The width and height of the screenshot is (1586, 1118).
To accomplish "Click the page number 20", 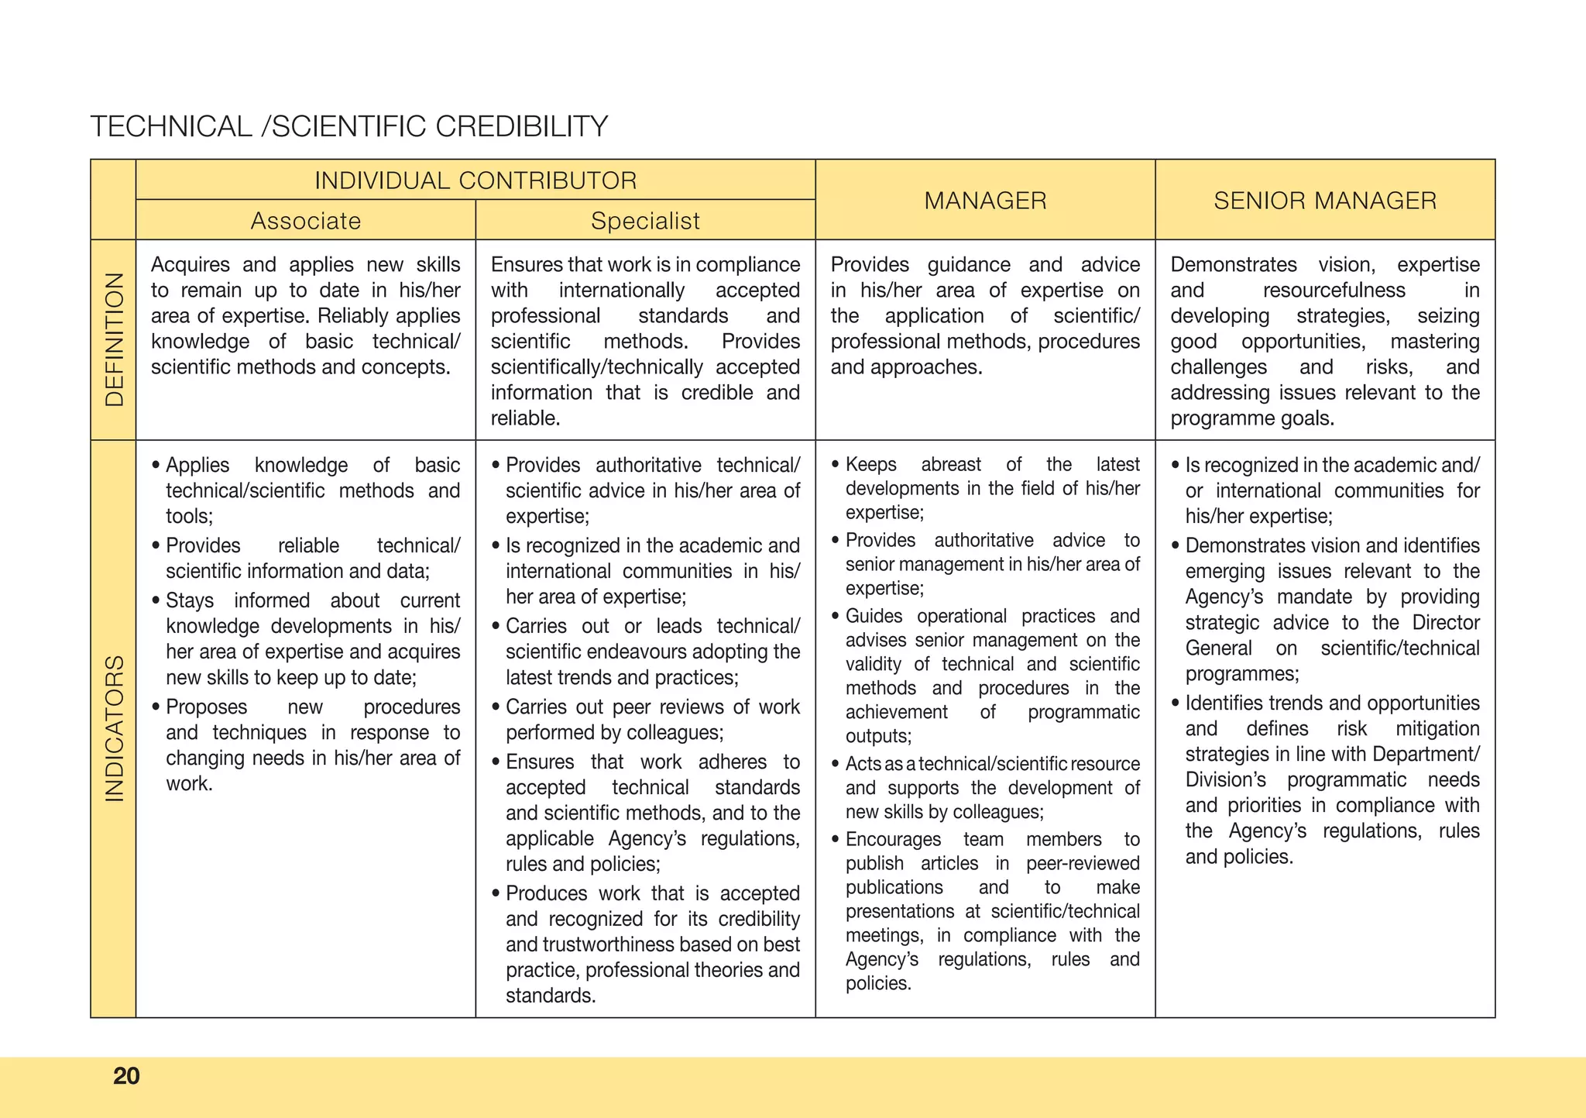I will click(126, 1076).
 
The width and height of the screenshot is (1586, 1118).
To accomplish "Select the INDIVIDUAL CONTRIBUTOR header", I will click(475, 181).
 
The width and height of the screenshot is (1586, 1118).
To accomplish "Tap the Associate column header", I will click(306, 221).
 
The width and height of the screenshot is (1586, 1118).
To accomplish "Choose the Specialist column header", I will click(645, 221).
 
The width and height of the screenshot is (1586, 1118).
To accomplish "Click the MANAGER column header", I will click(985, 201).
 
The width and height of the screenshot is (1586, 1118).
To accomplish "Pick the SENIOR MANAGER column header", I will click(1325, 201).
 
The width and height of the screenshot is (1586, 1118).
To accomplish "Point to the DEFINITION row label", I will click(115, 339).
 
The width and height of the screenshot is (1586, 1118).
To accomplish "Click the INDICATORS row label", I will click(115, 728).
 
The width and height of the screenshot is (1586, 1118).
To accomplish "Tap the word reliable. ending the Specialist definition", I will click(525, 418).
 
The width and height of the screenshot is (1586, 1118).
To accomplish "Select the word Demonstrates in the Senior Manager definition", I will click(1233, 265).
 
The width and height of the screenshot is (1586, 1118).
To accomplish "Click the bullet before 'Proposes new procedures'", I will click(156, 707).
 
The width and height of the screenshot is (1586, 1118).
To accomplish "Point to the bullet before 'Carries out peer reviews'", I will click(496, 707).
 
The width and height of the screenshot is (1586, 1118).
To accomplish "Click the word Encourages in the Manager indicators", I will click(893, 840).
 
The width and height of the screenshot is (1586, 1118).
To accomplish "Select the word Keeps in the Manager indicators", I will click(870, 465).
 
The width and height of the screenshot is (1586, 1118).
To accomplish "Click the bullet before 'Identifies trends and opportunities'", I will click(1176, 703).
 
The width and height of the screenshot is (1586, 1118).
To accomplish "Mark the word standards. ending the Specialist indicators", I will click(551, 996).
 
